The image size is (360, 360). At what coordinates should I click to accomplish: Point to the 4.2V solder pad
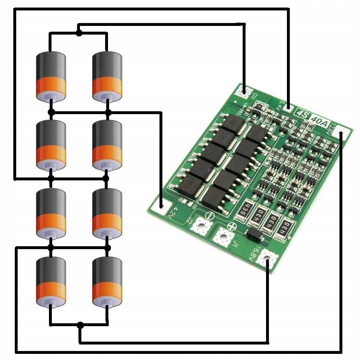[161, 206]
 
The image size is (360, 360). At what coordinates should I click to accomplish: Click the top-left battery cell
[51, 77]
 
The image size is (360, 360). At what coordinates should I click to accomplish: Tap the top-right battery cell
[107, 77]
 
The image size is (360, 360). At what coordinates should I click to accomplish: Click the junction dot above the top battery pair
[79, 33]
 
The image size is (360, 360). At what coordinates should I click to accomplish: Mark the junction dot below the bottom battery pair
[80, 325]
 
